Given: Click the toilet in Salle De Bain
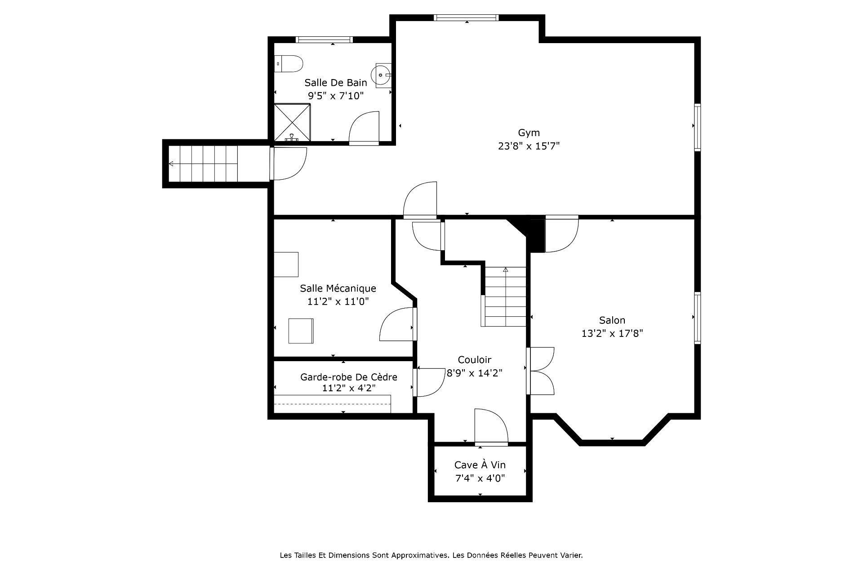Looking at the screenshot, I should point(289,64).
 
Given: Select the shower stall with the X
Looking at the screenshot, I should point(292,122).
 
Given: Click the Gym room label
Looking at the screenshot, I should point(529,133).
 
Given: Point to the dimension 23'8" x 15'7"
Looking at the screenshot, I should point(529,146).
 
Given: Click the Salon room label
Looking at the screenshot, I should point(612,320).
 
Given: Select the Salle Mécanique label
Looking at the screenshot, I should point(338,288).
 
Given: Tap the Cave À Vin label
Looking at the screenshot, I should point(480,465).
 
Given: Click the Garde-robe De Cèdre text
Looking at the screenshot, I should point(348,377).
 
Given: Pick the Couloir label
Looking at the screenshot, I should point(474,360).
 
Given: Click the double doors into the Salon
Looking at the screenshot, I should point(541,371).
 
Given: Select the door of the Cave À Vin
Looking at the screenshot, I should point(491,427).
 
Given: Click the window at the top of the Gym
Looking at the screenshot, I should point(466,18).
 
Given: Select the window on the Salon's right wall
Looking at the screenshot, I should point(697,318).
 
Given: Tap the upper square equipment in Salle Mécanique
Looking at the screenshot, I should point(286,264).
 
